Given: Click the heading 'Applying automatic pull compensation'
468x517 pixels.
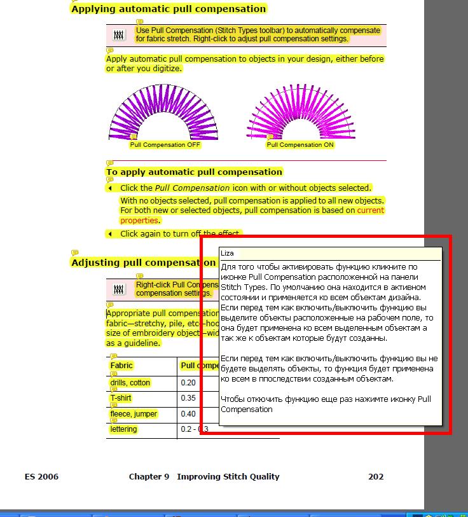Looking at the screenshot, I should click(x=169, y=9).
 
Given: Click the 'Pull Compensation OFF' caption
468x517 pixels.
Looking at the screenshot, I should click(x=165, y=145).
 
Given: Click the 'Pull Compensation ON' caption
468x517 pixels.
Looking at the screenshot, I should click(x=300, y=145).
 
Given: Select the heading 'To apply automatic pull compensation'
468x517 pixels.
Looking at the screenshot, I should click(x=194, y=172).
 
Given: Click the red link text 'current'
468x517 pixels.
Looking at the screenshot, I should click(x=370, y=210).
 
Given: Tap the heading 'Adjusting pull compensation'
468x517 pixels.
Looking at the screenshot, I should click(x=143, y=263).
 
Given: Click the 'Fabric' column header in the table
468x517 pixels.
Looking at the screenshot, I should click(x=121, y=366).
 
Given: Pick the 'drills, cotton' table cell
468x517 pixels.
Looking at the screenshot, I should click(x=130, y=383).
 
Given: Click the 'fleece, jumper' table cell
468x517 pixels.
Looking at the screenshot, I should click(x=134, y=414).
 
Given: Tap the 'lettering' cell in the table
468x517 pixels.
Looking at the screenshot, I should click(x=123, y=429).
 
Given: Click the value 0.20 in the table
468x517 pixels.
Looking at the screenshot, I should click(x=188, y=383).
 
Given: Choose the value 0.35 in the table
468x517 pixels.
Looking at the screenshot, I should click(x=188, y=398).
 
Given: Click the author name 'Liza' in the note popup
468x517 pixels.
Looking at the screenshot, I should click(x=227, y=253).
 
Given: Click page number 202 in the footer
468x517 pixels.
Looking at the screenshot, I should click(x=376, y=476).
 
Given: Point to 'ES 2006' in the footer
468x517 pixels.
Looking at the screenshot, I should click(x=41, y=476).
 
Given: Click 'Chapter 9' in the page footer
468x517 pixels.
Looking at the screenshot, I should click(x=149, y=476).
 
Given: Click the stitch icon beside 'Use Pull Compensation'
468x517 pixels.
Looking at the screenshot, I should click(x=119, y=34).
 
